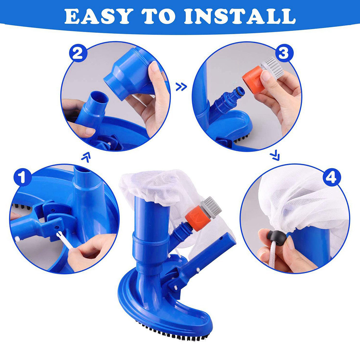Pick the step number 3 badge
tap(284, 54)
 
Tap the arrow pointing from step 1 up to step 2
tap(86, 156)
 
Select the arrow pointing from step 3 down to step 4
tap(275, 156)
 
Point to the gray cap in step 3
tap(273, 68)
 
